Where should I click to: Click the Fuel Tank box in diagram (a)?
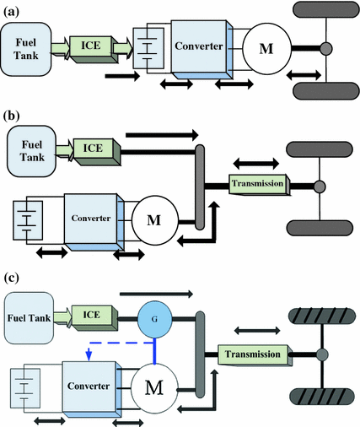pos(28,47)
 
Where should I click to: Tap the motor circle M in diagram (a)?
pos(266,47)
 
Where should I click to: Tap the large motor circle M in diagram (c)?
pos(156,388)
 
